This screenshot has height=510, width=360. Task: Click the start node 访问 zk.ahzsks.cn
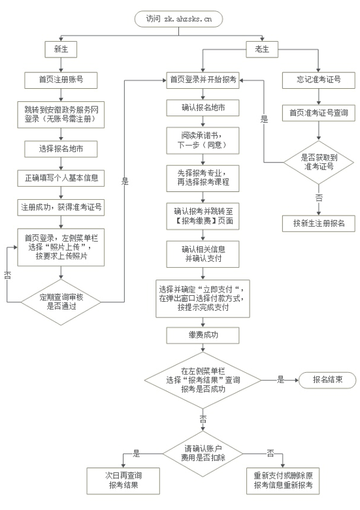tap(179, 19)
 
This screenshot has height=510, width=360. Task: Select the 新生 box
tap(61, 50)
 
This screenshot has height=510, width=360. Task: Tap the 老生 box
tap(262, 50)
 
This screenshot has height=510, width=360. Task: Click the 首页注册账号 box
tap(61, 80)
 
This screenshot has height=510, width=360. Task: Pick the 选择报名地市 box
tap(61, 149)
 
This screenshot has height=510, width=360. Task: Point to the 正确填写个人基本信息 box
tap(61, 178)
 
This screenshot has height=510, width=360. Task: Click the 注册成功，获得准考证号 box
tap(61, 208)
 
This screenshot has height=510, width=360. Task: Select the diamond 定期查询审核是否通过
tap(61, 302)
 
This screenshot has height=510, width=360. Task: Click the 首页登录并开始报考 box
tap(203, 80)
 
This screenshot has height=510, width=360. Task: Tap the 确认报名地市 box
tap(203, 108)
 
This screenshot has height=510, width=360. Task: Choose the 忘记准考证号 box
tap(319, 80)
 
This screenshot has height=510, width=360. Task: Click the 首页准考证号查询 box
tap(319, 113)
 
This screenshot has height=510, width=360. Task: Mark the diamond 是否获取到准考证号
tap(319, 162)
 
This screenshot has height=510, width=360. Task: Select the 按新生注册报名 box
tap(319, 223)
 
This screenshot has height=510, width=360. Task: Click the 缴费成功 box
tap(203, 336)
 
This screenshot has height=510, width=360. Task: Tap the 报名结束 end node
tap(327, 380)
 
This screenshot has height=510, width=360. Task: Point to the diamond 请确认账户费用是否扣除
tap(203, 453)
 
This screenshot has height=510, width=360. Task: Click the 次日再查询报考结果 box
tap(123, 481)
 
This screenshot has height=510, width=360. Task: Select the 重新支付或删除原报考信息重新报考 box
tap(283, 481)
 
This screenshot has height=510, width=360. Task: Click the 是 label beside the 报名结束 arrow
tap(280, 379)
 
